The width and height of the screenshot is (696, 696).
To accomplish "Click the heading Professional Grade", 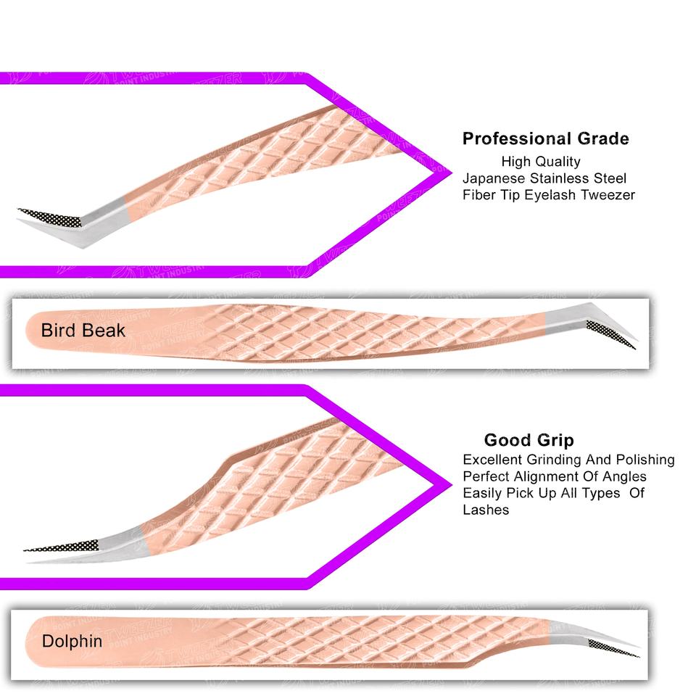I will (545, 138).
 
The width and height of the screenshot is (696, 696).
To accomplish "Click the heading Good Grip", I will (529, 440).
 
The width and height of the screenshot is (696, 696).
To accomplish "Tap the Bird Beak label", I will (83, 331).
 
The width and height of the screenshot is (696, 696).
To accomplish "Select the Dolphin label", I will (72, 641).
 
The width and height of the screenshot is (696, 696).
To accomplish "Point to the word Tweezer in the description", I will (608, 194).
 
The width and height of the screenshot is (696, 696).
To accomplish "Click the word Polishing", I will (645, 460).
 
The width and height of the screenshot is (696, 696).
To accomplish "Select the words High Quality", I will (540, 162).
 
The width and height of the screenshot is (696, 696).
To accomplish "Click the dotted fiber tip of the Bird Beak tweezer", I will (613, 334).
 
